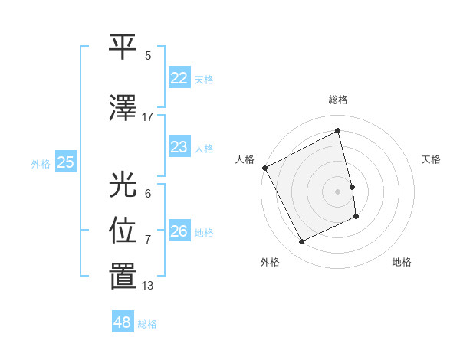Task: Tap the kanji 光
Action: tap(123, 185)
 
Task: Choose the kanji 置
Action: tap(123, 277)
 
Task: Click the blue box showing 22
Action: tap(179, 78)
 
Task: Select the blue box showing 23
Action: tap(179, 147)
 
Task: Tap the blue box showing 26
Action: tap(179, 231)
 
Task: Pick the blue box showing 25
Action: tap(65, 162)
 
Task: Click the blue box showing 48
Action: tap(122, 322)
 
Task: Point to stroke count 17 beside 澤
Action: tap(148, 117)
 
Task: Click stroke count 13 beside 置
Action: tap(148, 286)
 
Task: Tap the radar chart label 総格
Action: tap(338, 100)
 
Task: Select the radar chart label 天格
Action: tap(432, 159)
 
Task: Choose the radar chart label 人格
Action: tap(245, 159)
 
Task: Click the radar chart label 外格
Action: tap(270, 262)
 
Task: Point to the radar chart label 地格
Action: tap(402, 262)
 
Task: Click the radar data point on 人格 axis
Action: tap(265, 168)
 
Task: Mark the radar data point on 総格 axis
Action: tap(338, 131)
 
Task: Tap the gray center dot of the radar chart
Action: tap(338, 191)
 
